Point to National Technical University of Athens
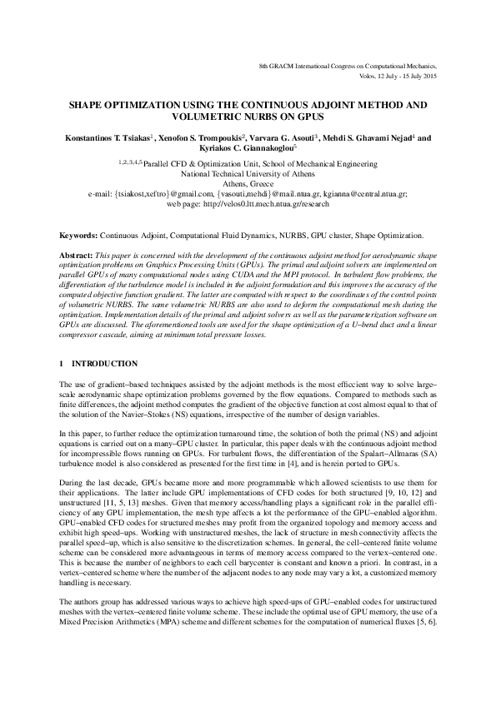pos(248,175)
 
